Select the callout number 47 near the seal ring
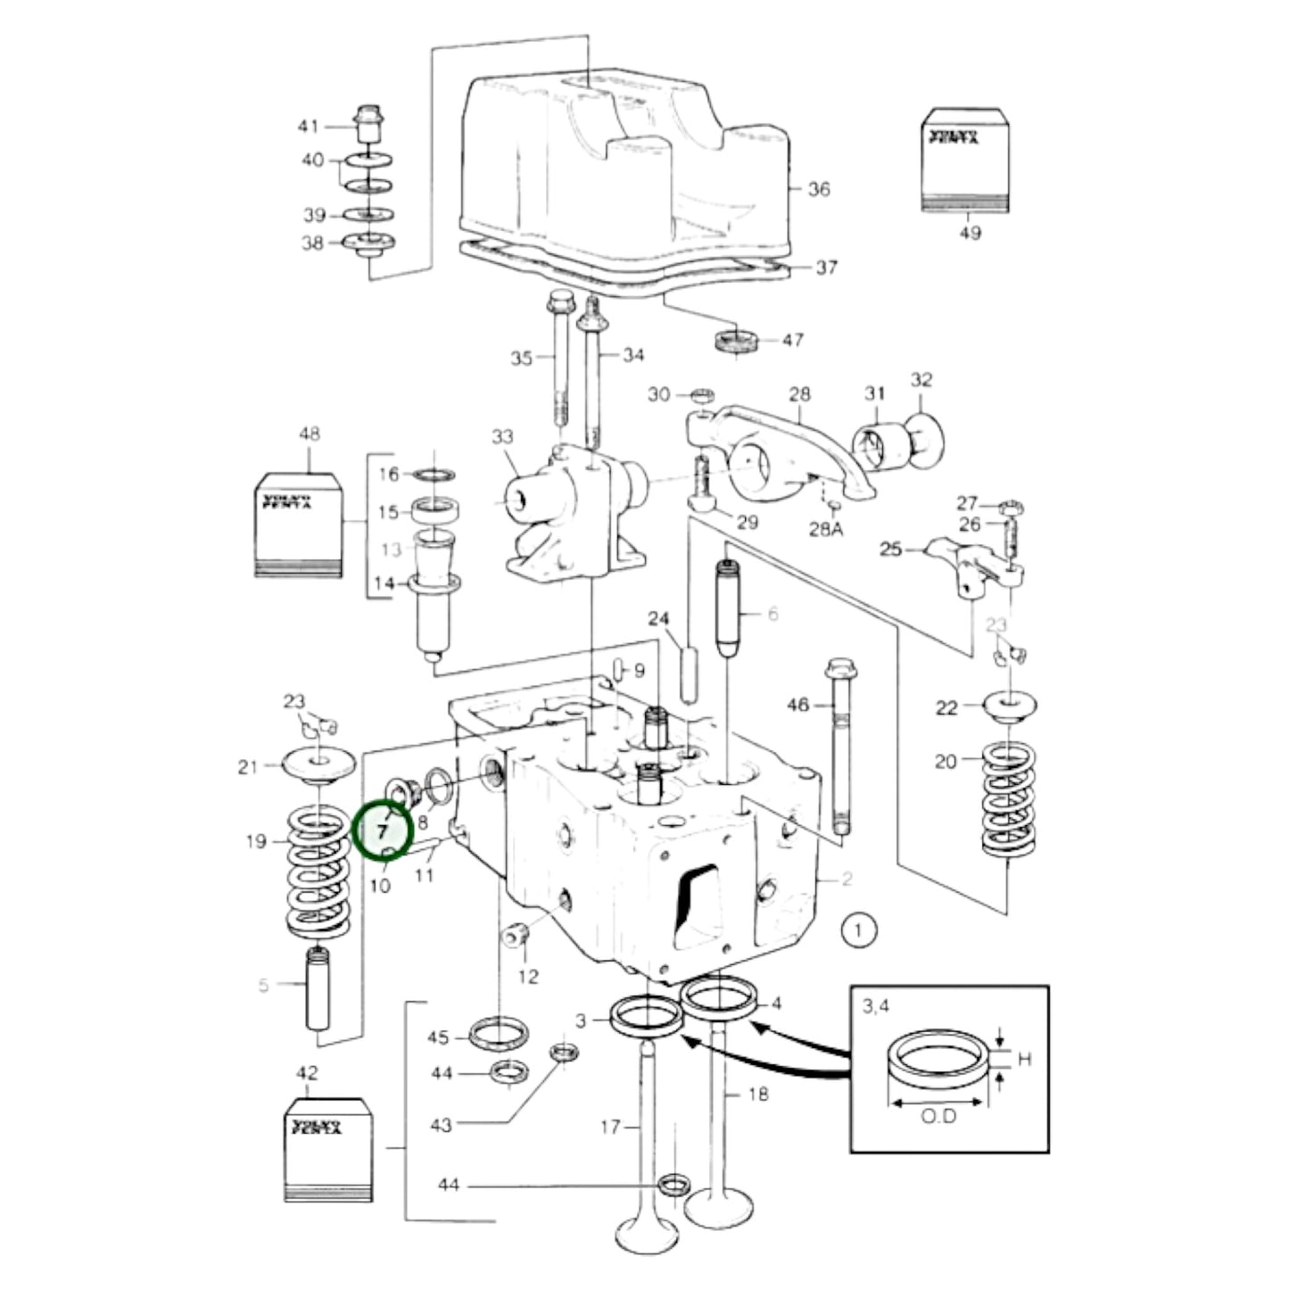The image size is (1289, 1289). [792, 340]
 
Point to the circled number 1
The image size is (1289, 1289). [858, 931]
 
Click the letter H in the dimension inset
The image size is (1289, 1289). [1024, 1059]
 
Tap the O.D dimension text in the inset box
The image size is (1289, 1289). [938, 1116]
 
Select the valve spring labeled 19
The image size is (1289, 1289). [318, 874]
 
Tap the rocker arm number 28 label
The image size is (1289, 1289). [799, 393]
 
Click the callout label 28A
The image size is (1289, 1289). [825, 529]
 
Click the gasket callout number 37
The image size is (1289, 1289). [826, 267]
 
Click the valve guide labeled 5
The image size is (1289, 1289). [318, 990]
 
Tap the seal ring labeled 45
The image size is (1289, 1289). [497, 1036]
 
